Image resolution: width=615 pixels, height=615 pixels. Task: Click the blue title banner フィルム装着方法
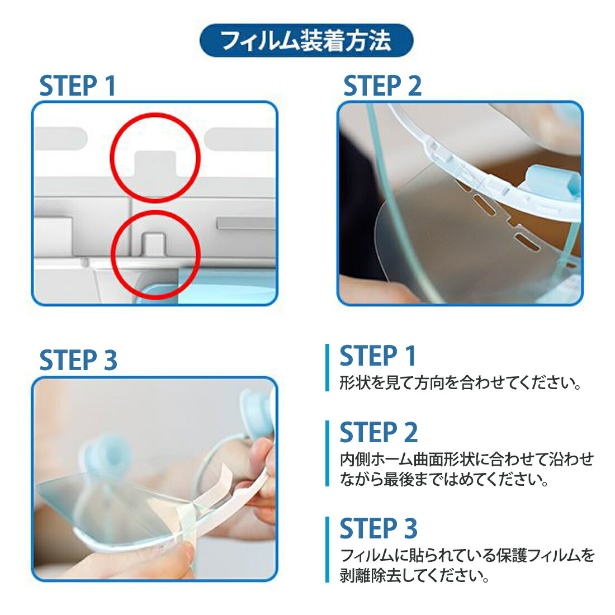(x=306, y=40)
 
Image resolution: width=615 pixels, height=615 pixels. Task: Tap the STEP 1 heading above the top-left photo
(x=78, y=86)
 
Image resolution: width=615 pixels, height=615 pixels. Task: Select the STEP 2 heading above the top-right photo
(x=382, y=86)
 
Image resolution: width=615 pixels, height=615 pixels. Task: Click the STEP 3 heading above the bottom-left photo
(x=78, y=360)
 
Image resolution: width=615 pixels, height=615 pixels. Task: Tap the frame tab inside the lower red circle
(x=153, y=244)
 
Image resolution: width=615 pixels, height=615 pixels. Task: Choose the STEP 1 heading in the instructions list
(x=378, y=356)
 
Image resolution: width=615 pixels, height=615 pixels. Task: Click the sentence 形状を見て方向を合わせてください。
(x=461, y=383)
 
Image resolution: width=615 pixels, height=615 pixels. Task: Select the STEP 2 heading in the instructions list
(x=379, y=432)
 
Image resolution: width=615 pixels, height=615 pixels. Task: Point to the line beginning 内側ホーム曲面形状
(x=467, y=459)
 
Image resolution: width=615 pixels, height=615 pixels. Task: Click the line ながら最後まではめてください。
(x=444, y=479)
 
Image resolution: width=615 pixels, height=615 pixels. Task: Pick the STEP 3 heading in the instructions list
(x=379, y=528)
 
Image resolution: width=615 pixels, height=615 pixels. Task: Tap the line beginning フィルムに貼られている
(x=467, y=555)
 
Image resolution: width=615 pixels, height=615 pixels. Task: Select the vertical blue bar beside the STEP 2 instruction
(x=327, y=453)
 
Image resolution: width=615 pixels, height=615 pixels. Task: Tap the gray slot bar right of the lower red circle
(x=246, y=223)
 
